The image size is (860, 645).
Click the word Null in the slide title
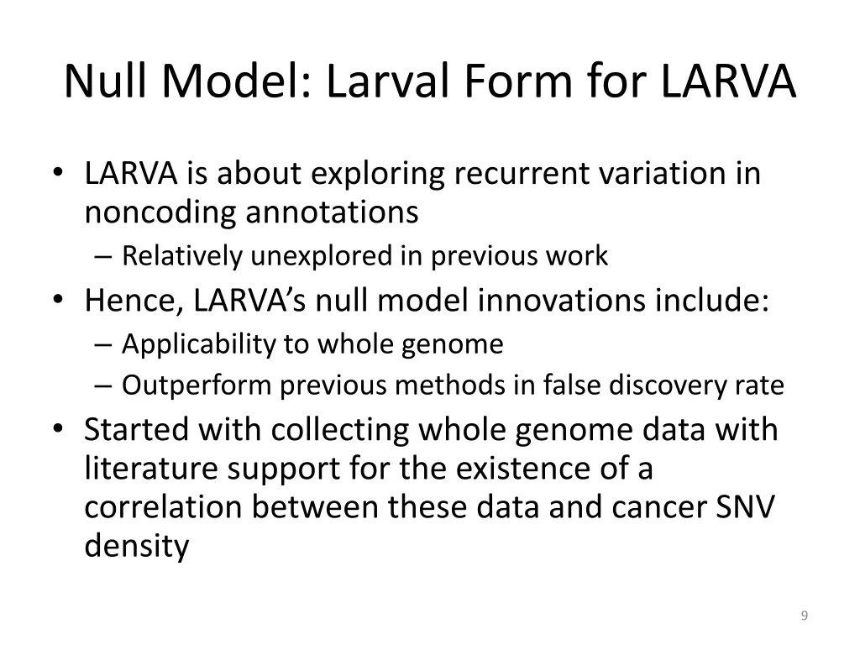pyautogui.click(x=106, y=81)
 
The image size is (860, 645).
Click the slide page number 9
pyautogui.click(x=805, y=616)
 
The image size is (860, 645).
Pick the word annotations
pyautogui.click(x=332, y=212)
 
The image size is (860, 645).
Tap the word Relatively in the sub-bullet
pyautogui.click(x=182, y=256)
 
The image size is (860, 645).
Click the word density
pyautogui.click(x=137, y=547)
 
